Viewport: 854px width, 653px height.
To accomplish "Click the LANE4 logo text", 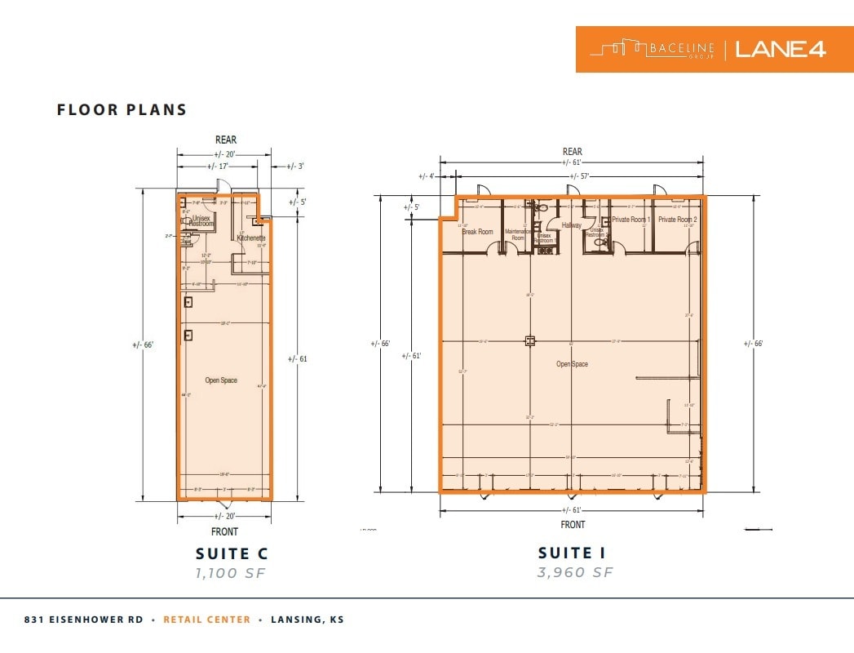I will [781, 49].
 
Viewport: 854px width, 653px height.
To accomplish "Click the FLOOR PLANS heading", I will [122, 109].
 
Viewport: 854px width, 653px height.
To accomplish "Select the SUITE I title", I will [574, 553].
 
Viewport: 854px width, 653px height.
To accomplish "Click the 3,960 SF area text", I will [574, 572].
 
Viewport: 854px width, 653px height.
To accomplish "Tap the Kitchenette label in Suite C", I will [252, 238].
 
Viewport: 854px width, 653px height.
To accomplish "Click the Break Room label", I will [477, 232].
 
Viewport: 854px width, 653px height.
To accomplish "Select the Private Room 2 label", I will [678, 220].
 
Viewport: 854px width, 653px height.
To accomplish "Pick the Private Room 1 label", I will [631, 220].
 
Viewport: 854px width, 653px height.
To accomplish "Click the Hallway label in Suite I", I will [571, 225].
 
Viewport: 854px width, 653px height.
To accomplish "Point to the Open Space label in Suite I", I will [572, 364].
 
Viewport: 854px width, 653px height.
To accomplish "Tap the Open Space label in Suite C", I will [221, 380].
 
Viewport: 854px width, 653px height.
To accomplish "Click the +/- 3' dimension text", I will [295, 167].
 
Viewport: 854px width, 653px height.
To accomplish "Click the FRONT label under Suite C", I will [224, 531].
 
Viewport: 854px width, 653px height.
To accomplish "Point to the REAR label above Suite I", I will [572, 151].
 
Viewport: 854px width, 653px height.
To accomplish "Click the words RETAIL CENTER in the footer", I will [207, 620].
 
